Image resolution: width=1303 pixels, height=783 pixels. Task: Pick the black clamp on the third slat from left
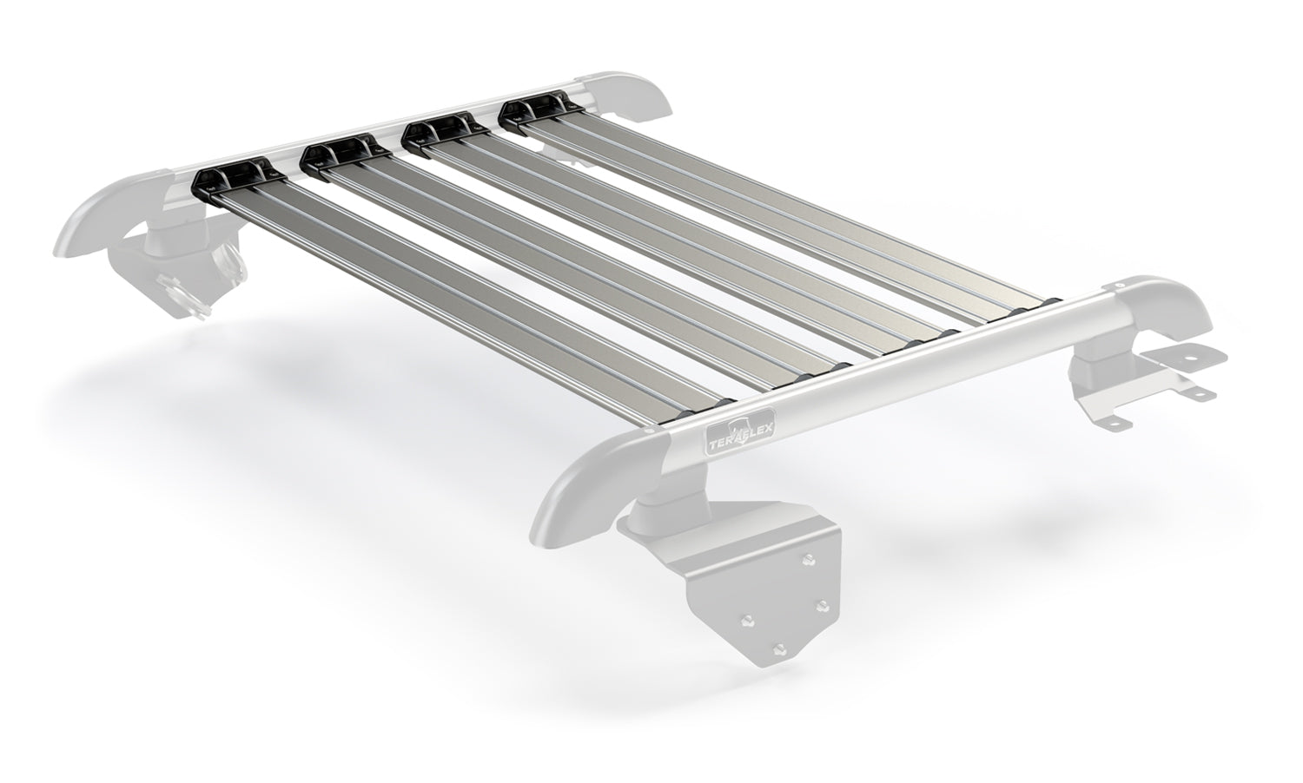pyautogui.click(x=440, y=131)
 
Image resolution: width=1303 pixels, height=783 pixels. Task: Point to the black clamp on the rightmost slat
pyautogui.click(x=539, y=110)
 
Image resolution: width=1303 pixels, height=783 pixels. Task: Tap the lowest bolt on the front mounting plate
pyautogui.click(x=779, y=649)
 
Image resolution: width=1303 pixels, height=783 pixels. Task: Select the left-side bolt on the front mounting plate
pyautogui.click(x=744, y=620)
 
